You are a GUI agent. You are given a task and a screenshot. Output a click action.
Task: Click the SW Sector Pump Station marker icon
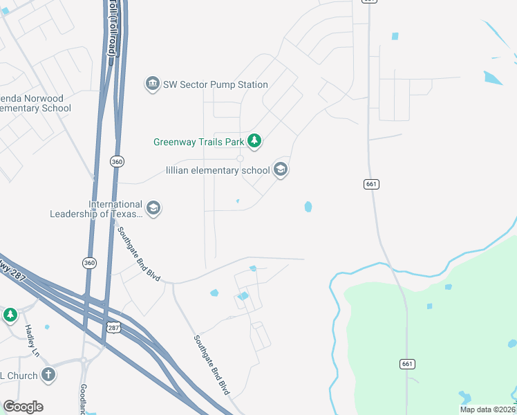tap(152, 84)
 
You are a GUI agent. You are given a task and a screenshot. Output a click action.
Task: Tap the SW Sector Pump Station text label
tap(215, 84)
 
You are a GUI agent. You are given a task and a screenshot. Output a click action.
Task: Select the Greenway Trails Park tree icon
tap(255, 142)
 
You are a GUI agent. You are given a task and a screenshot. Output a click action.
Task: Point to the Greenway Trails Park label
tap(199, 142)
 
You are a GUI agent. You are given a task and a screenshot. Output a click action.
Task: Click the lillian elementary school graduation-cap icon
tap(280, 169)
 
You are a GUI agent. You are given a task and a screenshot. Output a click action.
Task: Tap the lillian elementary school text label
tap(218, 170)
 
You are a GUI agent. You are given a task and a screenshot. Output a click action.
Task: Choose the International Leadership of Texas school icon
tap(153, 208)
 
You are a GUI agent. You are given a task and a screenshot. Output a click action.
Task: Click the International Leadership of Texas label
tap(96, 209)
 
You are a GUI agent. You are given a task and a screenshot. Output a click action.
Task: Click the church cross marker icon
tap(48, 375)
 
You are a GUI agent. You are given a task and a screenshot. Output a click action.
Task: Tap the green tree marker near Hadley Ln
tap(10, 315)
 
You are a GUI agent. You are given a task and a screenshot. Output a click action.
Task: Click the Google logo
tap(23, 407)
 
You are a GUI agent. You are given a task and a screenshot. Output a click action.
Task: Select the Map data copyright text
tap(487, 409)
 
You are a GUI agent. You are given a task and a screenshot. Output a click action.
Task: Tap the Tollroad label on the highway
tap(112, 28)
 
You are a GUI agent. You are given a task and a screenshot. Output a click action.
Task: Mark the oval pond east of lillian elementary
tap(308, 206)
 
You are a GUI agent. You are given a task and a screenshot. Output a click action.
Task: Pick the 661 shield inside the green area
tap(407, 364)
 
